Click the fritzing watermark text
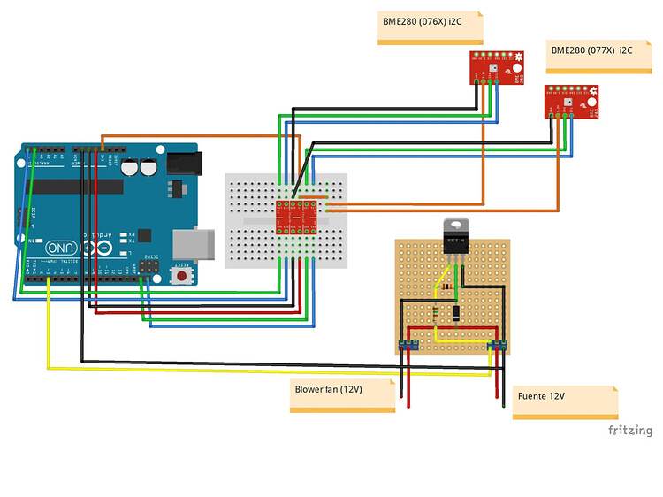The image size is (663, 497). click(629, 431)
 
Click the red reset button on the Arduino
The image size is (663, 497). click(181, 276)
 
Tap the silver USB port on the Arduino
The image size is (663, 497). click(195, 245)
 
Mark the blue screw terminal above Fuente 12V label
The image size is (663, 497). click(498, 343)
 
